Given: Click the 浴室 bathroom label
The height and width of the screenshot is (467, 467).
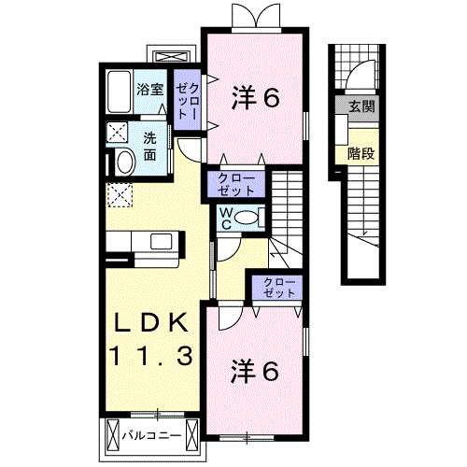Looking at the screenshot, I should tap(150, 91).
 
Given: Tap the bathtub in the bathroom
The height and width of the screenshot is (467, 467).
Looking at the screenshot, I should tap(119, 92).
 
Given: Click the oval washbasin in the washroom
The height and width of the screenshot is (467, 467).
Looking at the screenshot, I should tap(121, 162).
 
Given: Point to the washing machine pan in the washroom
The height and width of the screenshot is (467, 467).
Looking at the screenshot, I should tap(120, 132).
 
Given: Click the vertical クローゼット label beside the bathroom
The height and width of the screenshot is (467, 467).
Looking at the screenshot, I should tap(187, 96).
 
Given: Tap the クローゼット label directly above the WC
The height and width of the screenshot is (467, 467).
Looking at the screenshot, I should tap(236, 183).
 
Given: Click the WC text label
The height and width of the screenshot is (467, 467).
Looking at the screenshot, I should tap(226, 218).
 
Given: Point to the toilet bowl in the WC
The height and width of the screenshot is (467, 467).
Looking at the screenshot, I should tap(248, 218).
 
